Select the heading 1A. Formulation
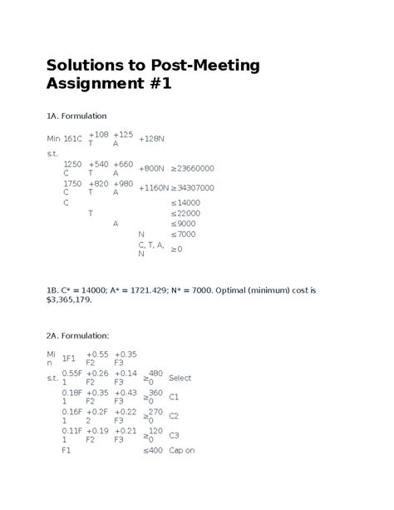(x=77, y=115)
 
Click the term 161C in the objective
(x=73, y=138)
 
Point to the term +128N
(x=151, y=138)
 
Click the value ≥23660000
(x=193, y=168)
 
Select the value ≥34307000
(x=193, y=188)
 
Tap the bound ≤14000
(x=186, y=202)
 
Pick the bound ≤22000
(x=186, y=213)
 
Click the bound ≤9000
(x=184, y=224)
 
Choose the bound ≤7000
(x=184, y=235)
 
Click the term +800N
(x=151, y=168)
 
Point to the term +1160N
(x=154, y=188)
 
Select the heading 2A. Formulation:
(x=78, y=334)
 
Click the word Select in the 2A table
(x=180, y=378)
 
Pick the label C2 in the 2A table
(x=174, y=415)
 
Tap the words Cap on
(x=181, y=450)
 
